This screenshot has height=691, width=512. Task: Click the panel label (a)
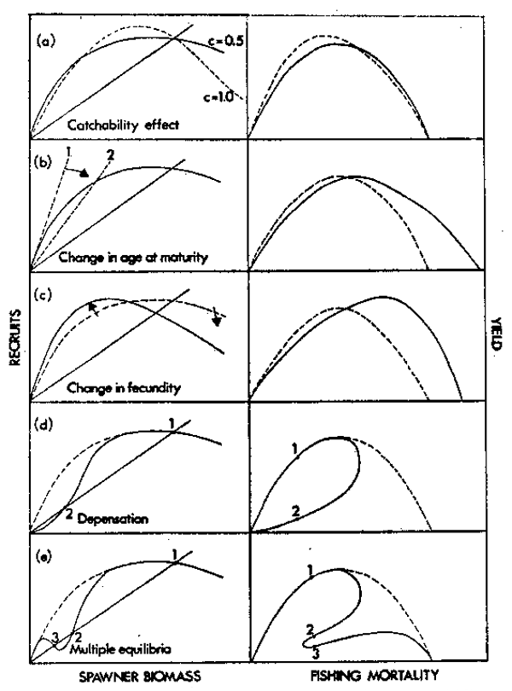click(x=43, y=39)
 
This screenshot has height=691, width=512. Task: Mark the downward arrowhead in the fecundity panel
click(x=216, y=321)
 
